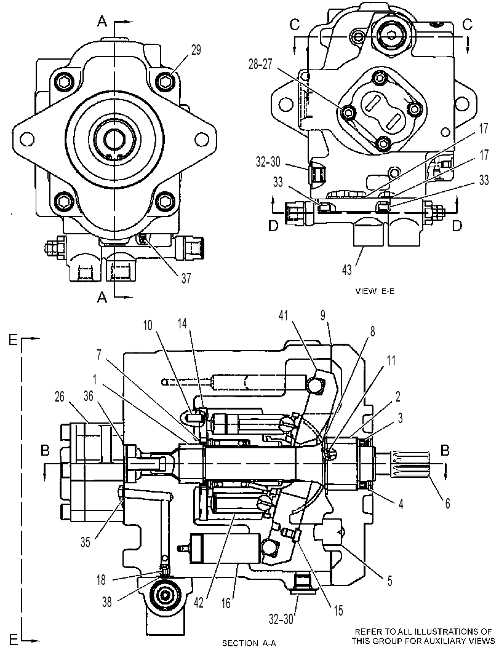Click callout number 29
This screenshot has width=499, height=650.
click(x=196, y=50)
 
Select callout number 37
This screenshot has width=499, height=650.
click(x=186, y=278)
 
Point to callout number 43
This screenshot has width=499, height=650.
click(x=347, y=270)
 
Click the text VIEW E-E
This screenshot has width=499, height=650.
click(x=375, y=291)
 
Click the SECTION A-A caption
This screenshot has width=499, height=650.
click(x=249, y=643)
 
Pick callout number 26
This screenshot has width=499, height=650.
click(x=60, y=397)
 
